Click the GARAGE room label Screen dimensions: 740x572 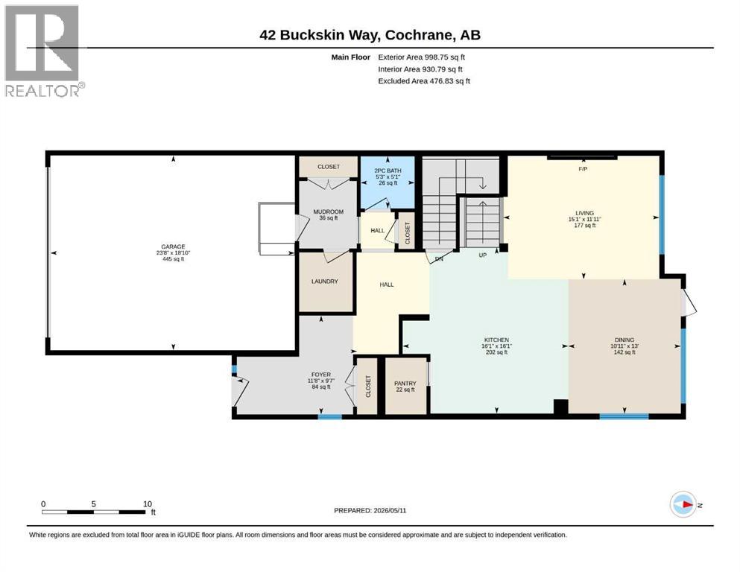[x=173, y=247]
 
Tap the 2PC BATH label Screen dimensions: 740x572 [x=388, y=171]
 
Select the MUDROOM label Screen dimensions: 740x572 [x=329, y=212]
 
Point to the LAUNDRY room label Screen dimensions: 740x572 [x=325, y=281]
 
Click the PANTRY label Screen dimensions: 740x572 [x=405, y=384]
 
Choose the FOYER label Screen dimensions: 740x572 [x=321, y=375]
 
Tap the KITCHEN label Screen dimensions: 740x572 [x=496, y=340]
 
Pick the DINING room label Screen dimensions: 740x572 [x=624, y=340]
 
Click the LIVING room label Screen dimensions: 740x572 [x=584, y=213]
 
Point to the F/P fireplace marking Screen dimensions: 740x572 [x=583, y=169]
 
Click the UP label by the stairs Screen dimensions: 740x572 [x=483, y=255]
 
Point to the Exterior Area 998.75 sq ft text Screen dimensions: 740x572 [x=422, y=57]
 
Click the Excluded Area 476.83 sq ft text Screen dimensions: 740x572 [x=424, y=80]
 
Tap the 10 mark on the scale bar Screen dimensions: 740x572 [x=148, y=503]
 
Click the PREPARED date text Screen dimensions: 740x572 [x=370, y=510]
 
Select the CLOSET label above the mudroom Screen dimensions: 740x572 [x=329, y=166]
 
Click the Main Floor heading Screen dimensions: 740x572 [x=351, y=57]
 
